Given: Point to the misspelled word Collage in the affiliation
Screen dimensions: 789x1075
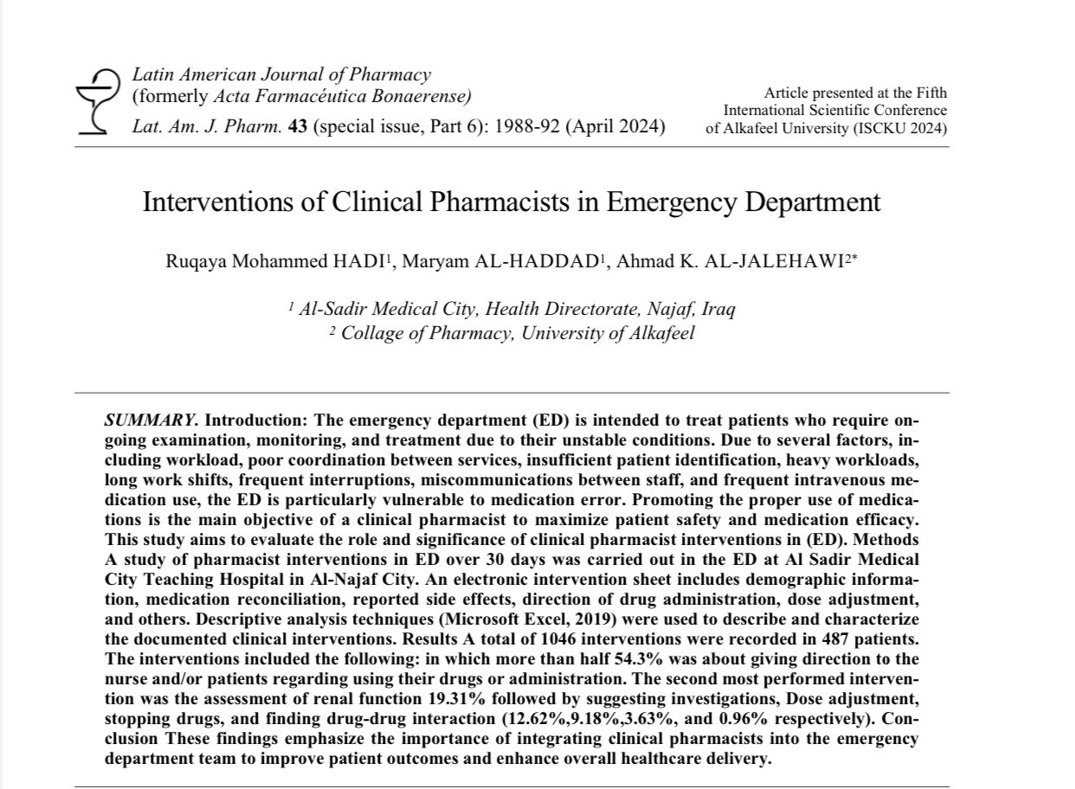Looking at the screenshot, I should (x=373, y=332).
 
